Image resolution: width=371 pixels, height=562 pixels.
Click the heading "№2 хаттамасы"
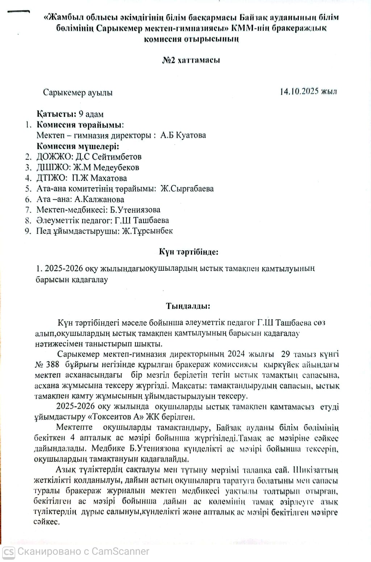191,60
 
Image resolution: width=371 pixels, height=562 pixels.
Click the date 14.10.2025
299,91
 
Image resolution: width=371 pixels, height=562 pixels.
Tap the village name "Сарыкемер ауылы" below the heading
78,92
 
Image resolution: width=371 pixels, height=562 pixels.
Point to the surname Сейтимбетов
117,157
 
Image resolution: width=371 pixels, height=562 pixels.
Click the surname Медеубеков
116,167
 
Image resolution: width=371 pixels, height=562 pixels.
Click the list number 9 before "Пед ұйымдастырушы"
28,231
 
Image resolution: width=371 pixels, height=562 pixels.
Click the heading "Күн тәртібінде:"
188,251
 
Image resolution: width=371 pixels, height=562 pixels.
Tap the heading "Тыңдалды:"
188,306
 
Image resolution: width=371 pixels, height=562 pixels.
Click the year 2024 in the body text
236,354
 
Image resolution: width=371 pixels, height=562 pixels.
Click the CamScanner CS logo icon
8,551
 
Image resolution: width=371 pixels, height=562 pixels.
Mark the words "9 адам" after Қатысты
91,114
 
